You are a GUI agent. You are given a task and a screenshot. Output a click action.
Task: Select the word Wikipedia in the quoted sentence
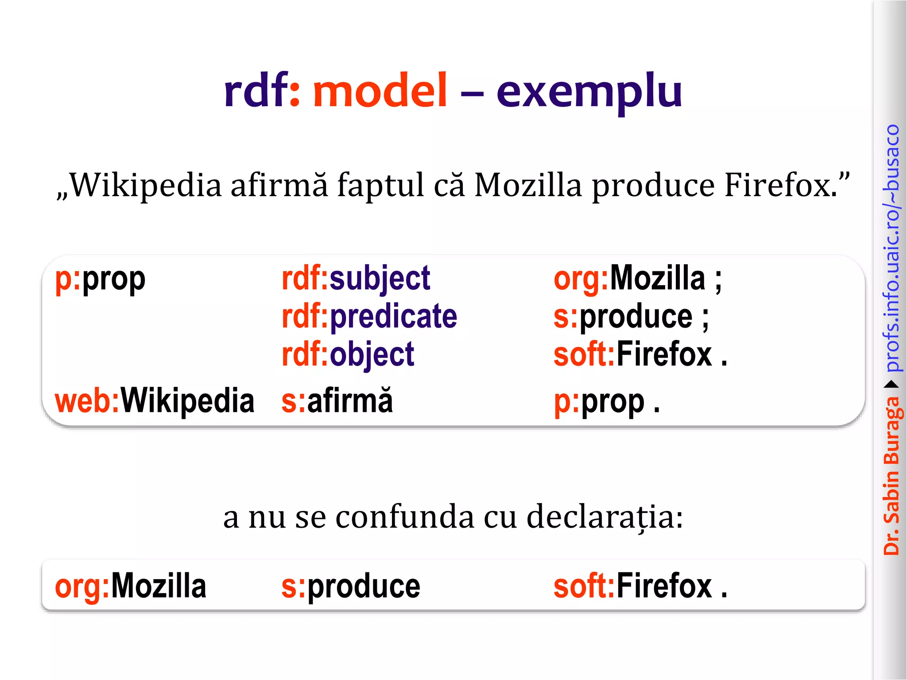click(x=146, y=185)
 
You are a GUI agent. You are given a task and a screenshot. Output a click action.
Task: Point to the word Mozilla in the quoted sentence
click(x=528, y=185)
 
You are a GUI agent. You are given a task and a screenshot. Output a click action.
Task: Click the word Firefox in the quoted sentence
click(x=780, y=185)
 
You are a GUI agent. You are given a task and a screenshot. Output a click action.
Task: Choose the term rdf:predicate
click(x=369, y=317)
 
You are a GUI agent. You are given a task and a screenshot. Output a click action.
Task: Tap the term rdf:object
click(x=348, y=355)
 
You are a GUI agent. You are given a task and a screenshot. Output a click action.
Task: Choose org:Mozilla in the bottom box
click(x=130, y=586)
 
